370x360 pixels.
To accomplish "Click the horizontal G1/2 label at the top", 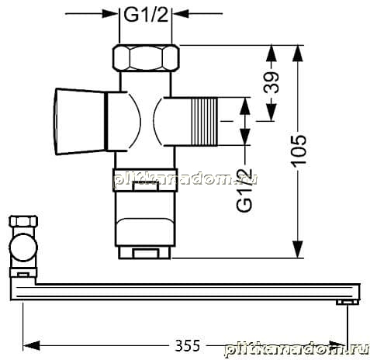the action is pyautogui.click(x=146, y=16).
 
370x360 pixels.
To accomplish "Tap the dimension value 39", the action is pyautogui.click(x=271, y=82).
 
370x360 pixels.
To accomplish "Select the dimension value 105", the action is pyautogui.click(x=298, y=151).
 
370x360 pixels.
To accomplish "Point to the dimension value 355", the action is pyautogui.click(x=188, y=345).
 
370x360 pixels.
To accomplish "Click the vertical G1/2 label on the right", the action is pyautogui.click(x=244, y=190).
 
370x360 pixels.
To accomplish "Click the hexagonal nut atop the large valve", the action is pyautogui.click(x=146, y=57).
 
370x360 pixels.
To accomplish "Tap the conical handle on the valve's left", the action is pyautogui.click(x=81, y=122).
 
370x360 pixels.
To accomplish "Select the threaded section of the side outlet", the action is pyautogui.click(x=204, y=122).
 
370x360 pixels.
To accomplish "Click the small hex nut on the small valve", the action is pyautogui.click(x=23, y=221).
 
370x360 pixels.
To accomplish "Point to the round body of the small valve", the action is pyautogui.click(x=23, y=247).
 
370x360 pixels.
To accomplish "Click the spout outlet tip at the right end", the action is pyautogui.click(x=348, y=303).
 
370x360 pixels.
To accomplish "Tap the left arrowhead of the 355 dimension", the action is pyautogui.click(x=31, y=345).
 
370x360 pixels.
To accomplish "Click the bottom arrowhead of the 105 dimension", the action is pyautogui.click(x=298, y=249).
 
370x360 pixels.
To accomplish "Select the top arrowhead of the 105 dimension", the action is pyautogui.click(x=298, y=54).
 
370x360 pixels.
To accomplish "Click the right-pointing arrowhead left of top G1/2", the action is pyautogui.click(x=110, y=13).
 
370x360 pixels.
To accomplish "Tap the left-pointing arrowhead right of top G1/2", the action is pyautogui.click(x=181, y=13).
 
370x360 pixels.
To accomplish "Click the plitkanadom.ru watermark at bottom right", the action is pyautogui.click(x=296, y=350).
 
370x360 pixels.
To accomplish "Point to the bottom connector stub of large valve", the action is pyautogui.click(x=145, y=252).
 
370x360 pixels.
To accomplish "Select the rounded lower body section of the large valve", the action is pyautogui.click(x=145, y=232).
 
